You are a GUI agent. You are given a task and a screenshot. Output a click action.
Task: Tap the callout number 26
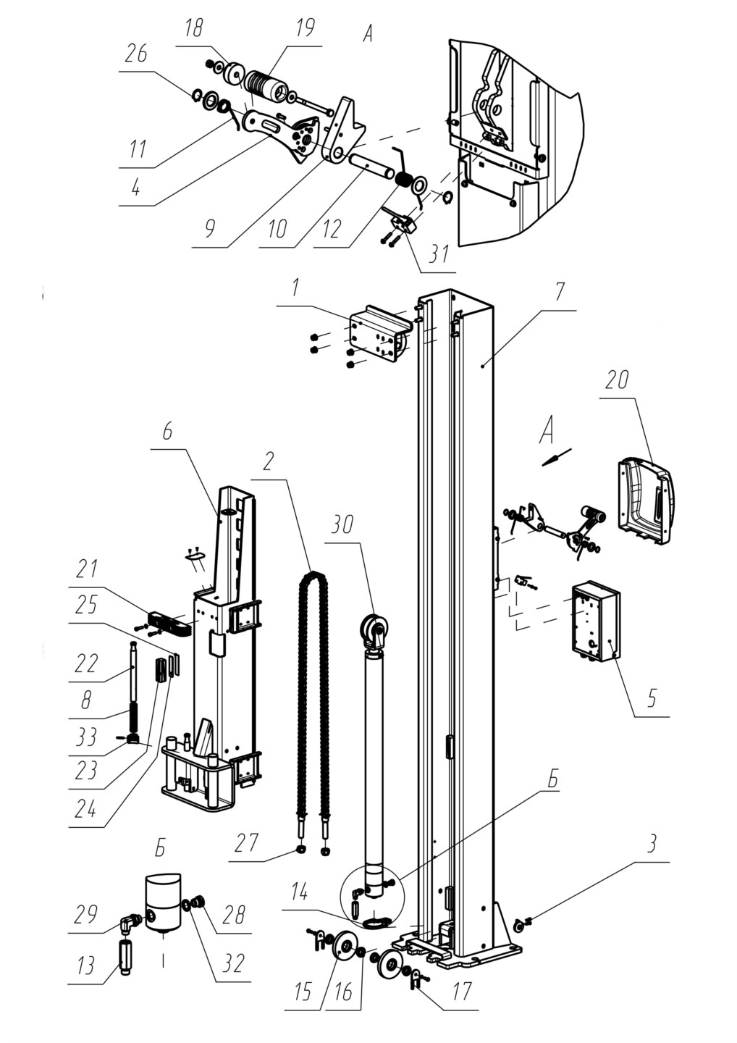(135, 55)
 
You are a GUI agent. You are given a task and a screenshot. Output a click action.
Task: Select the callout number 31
(438, 254)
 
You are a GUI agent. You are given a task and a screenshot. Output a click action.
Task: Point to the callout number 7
(559, 292)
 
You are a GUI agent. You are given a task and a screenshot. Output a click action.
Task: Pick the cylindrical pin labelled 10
(371, 164)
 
